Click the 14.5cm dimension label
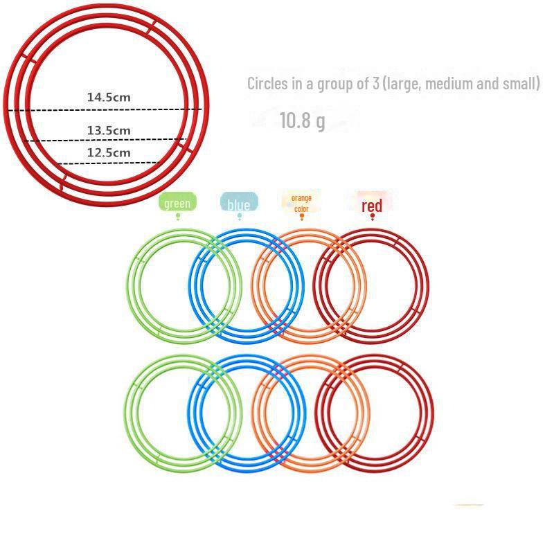[109, 97]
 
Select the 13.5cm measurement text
[109, 130]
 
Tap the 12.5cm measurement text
[109, 152]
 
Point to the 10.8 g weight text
[302, 120]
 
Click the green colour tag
[177, 202]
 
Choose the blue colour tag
[239, 202]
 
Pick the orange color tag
[301, 203]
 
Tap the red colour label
[372, 205]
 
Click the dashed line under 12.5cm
[109, 163]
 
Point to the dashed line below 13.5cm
[106, 141]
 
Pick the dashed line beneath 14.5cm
[105, 110]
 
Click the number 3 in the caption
[376, 84]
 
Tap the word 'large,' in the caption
[402, 84]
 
